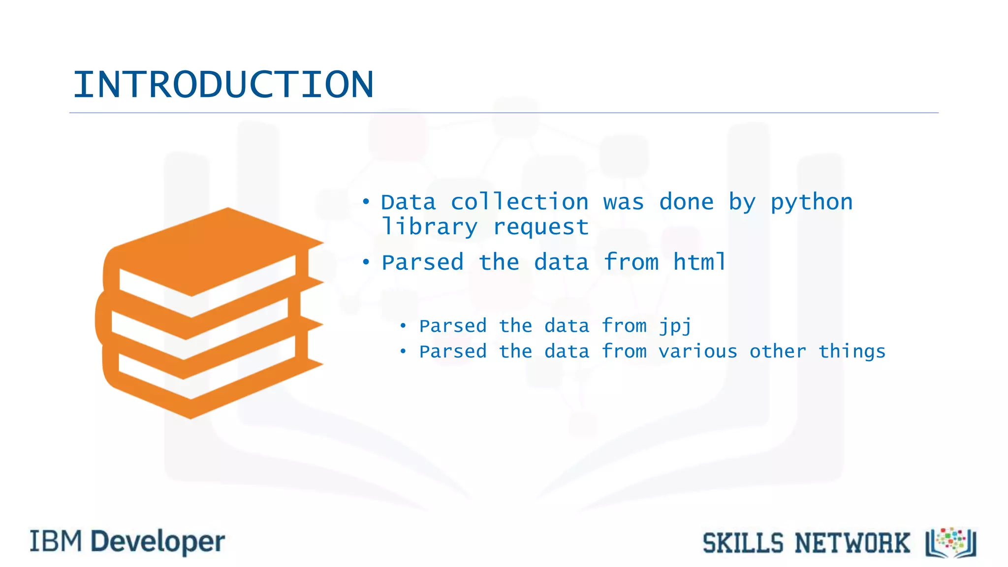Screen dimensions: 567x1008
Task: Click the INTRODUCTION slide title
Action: pyautogui.click(x=223, y=85)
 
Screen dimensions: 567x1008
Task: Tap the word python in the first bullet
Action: pyautogui.click(x=811, y=202)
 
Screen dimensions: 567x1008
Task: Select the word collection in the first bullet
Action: pyautogui.click(x=519, y=202)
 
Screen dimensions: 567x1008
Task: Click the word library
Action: pyautogui.click(x=429, y=227)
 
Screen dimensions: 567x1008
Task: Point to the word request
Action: pyautogui.click(x=540, y=227)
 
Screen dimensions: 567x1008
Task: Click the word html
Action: pyautogui.click(x=699, y=262)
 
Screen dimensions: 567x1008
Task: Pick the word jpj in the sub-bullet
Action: pyautogui.click(x=675, y=326)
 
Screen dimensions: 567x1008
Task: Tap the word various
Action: pyautogui.click(x=698, y=351)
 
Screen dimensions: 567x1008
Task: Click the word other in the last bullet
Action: pyautogui.click(x=778, y=351)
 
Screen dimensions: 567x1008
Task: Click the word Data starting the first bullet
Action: pyautogui.click(x=409, y=202)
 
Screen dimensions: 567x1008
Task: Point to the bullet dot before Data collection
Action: pyautogui.click(x=366, y=201)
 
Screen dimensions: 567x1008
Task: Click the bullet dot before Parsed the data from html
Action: pyautogui.click(x=366, y=262)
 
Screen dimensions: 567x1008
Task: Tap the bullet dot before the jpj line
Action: pyautogui.click(x=403, y=325)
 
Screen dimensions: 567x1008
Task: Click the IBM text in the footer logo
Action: pyautogui.click(x=56, y=541)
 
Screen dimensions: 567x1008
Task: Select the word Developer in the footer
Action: pyautogui.click(x=158, y=542)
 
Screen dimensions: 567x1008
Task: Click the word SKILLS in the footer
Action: pyautogui.click(x=743, y=543)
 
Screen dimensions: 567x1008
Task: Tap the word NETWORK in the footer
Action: pyautogui.click(x=852, y=543)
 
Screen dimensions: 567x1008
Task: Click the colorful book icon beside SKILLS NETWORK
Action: pyautogui.click(x=951, y=542)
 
